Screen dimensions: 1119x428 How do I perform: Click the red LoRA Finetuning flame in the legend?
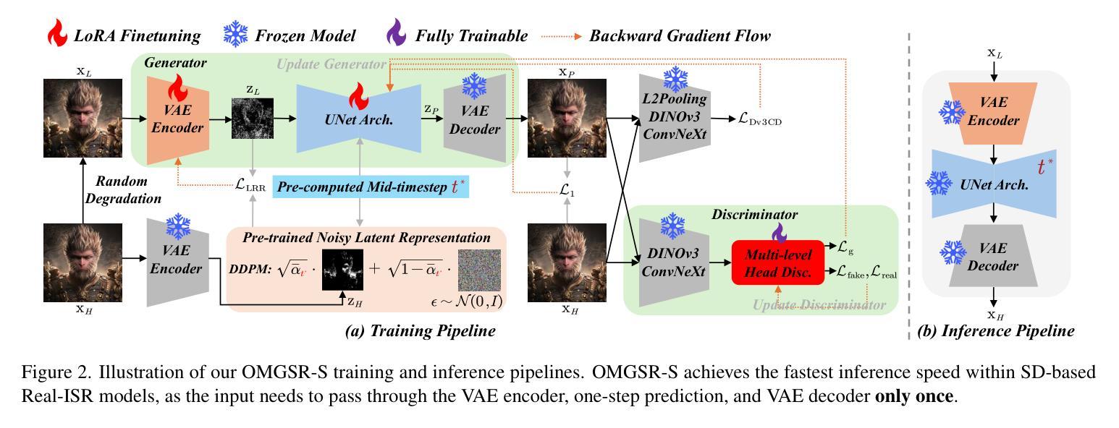coord(57,33)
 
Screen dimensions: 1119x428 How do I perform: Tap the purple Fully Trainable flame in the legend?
coord(396,33)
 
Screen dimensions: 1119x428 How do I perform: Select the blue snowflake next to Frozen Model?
coord(235,34)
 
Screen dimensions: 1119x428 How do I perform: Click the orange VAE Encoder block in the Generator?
coord(177,120)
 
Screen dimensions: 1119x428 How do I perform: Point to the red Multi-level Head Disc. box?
coord(778,263)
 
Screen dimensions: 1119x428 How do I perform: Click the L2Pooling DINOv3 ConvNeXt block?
coord(675,118)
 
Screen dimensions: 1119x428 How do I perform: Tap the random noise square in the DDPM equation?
coord(480,270)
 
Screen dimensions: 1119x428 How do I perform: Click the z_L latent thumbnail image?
coord(253,119)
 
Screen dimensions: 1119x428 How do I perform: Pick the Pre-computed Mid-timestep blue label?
coord(371,187)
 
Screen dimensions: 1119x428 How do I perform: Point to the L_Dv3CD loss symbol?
coord(760,119)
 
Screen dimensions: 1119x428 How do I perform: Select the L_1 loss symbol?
coord(567,189)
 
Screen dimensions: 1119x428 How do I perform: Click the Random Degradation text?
coord(123,189)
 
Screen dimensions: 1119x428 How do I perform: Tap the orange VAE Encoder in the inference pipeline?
coord(993,114)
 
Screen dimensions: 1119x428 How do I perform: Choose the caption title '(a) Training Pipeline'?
coord(420,330)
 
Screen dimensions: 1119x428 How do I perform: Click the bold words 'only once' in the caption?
coord(913,396)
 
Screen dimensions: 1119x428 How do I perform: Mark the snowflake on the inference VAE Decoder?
coord(953,252)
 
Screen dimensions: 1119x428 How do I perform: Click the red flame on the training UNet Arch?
coord(358,95)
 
